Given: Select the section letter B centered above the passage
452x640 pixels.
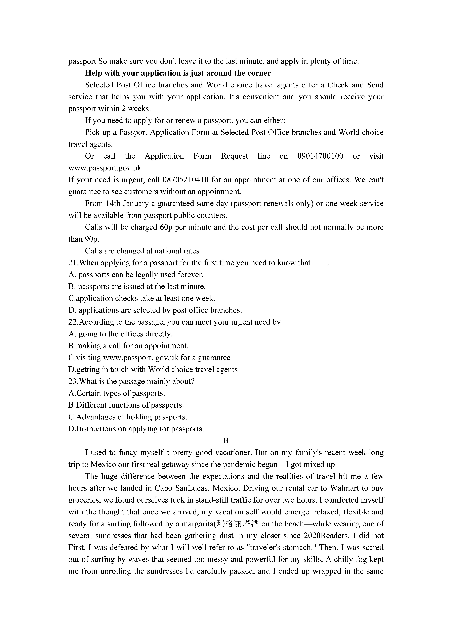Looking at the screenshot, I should [226, 441].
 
